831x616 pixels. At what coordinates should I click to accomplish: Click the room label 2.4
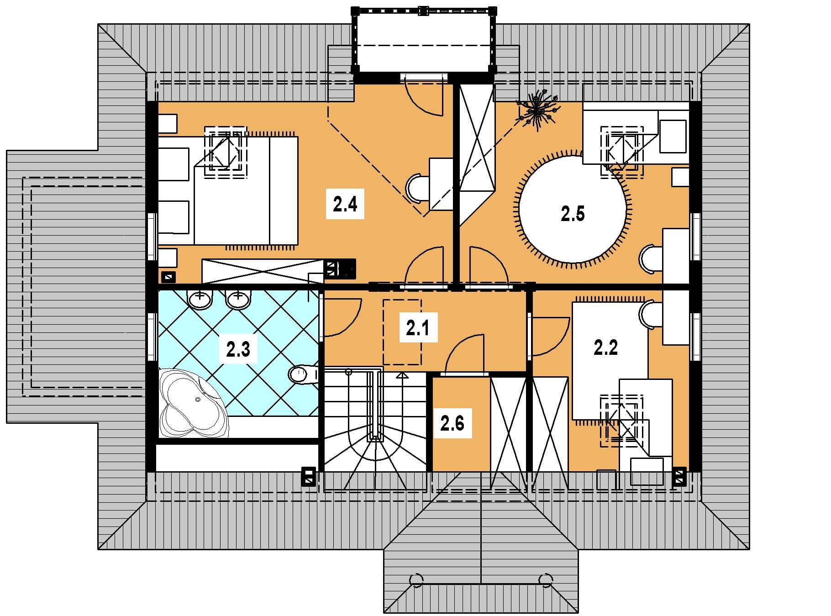point(345,204)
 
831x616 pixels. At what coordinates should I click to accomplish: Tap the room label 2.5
point(573,214)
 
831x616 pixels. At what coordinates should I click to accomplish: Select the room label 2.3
point(238,350)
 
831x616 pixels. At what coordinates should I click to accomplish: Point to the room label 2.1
point(418,327)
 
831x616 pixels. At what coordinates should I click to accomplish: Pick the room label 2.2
point(606,347)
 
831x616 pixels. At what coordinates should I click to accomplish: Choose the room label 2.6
point(452,423)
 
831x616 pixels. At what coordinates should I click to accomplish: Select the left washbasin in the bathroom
point(200,299)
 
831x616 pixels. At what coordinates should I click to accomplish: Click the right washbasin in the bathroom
point(238,299)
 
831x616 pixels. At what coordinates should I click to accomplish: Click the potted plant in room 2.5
point(538,111)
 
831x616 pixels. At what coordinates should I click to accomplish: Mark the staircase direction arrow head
point(402,375)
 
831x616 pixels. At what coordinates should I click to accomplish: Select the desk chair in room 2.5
point(650,259)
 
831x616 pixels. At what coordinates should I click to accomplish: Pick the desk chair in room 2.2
point(650,315)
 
